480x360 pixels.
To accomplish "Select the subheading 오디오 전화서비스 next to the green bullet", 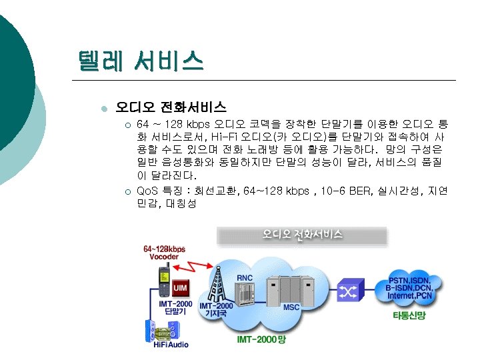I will tap(171, 106).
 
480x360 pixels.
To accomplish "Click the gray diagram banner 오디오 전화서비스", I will tap(302, 235).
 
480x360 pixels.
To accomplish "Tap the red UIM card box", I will tap(180, 287).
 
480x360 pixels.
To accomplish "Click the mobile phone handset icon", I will tap(163, 280).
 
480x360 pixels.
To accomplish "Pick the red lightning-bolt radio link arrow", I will tap(194, 267).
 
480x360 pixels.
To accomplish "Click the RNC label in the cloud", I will tap(245, 277).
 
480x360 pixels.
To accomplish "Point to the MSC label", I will tap(291, 307).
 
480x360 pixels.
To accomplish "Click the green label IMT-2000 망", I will tap(261, 340).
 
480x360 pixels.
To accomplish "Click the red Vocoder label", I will tap(163, 256).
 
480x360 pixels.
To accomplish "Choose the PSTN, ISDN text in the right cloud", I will tap(410, 280).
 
